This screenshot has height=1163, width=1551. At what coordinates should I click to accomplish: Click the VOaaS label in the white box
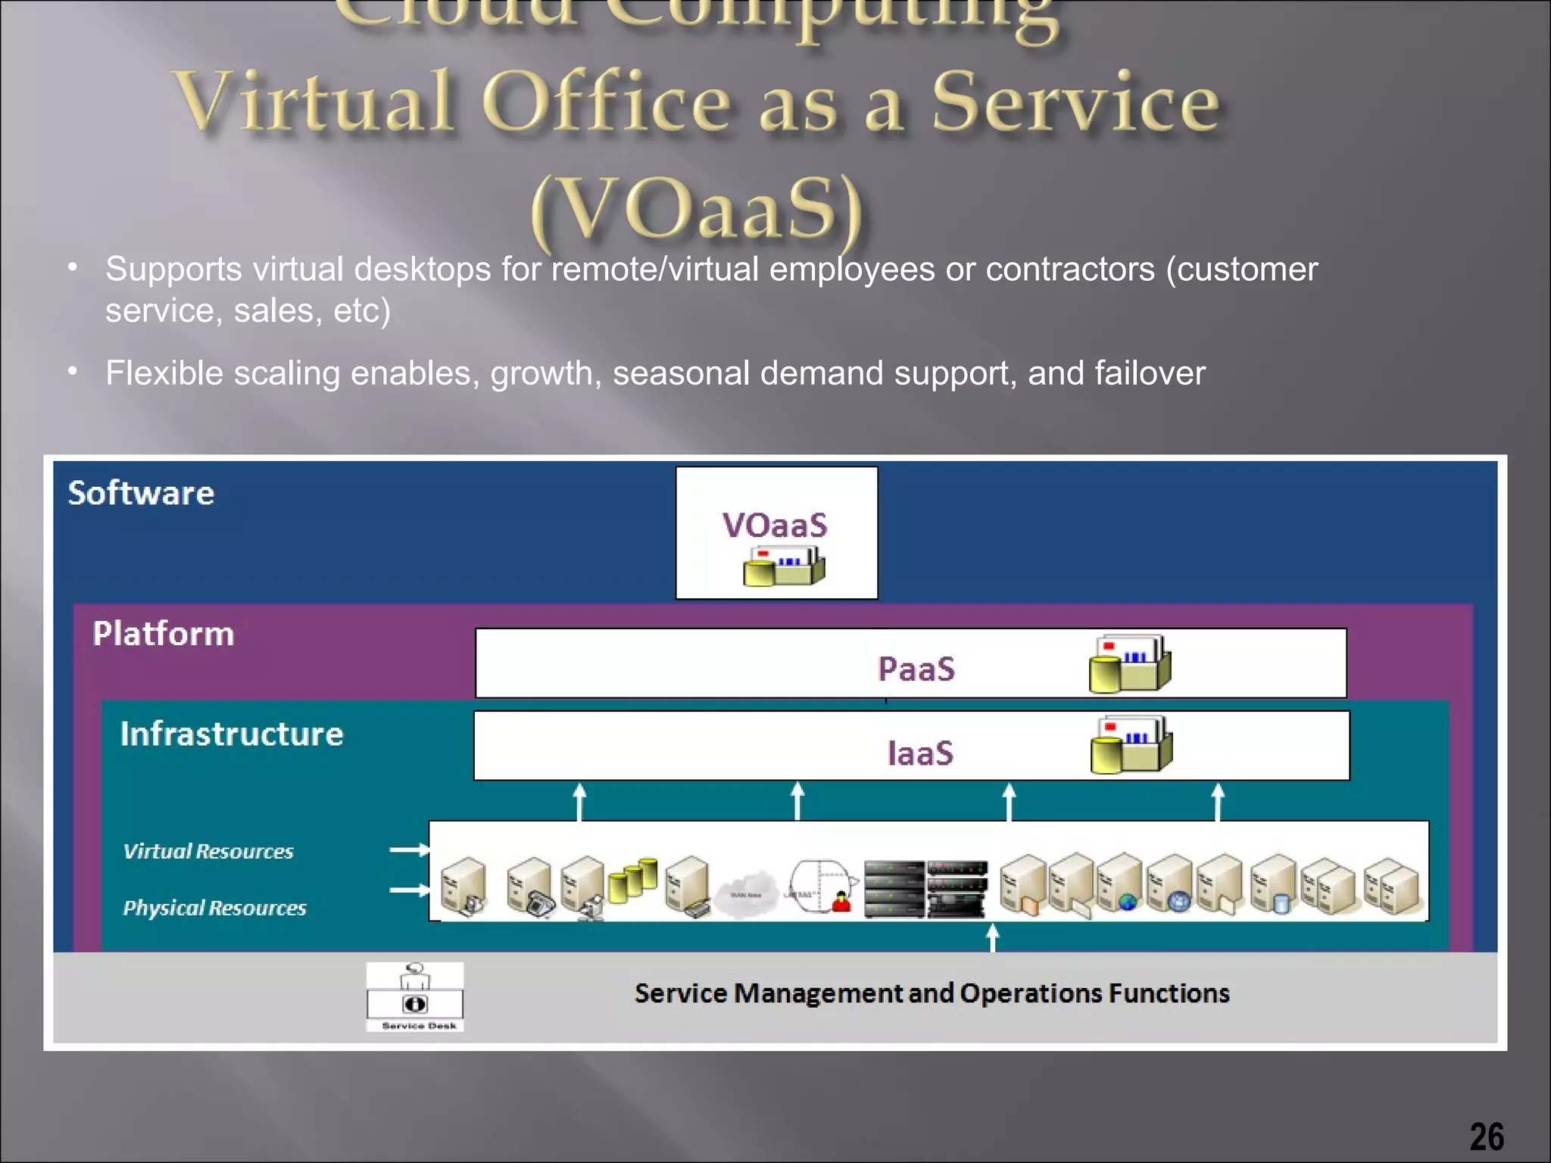click(775, 525)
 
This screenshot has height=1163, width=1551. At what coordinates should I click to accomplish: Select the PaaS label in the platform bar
click(916, 669)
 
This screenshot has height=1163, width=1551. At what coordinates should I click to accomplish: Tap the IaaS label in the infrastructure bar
click(920, 753)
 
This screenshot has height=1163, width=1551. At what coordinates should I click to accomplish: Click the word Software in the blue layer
click(142, 493)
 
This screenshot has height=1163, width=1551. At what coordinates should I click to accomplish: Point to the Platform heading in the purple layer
click(164, 634)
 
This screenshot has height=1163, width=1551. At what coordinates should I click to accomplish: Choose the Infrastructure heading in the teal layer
click(232, 734)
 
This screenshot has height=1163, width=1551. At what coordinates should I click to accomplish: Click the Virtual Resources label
click(208, 851)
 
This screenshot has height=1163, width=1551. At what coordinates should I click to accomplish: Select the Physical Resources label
click(214, 907)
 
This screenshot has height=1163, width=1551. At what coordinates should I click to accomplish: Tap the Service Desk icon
click(415, 996)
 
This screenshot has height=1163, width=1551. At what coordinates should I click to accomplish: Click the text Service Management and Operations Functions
click(932, 993)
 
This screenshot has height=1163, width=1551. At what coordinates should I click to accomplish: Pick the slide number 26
click(1487, 1136)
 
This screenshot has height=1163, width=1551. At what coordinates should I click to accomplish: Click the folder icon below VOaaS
click(784, 566)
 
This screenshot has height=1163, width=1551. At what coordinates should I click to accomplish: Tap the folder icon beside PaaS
click(1130, 664)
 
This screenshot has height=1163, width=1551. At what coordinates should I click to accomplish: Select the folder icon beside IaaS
click(1131, 745)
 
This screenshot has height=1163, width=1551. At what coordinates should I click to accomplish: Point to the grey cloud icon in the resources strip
click(747, 891)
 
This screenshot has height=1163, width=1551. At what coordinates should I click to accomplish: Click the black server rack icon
click(925, 888)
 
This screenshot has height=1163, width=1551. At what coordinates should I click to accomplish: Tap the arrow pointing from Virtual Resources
click(409, 850)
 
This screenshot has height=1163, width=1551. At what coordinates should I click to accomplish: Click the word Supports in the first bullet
click(173, 269)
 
